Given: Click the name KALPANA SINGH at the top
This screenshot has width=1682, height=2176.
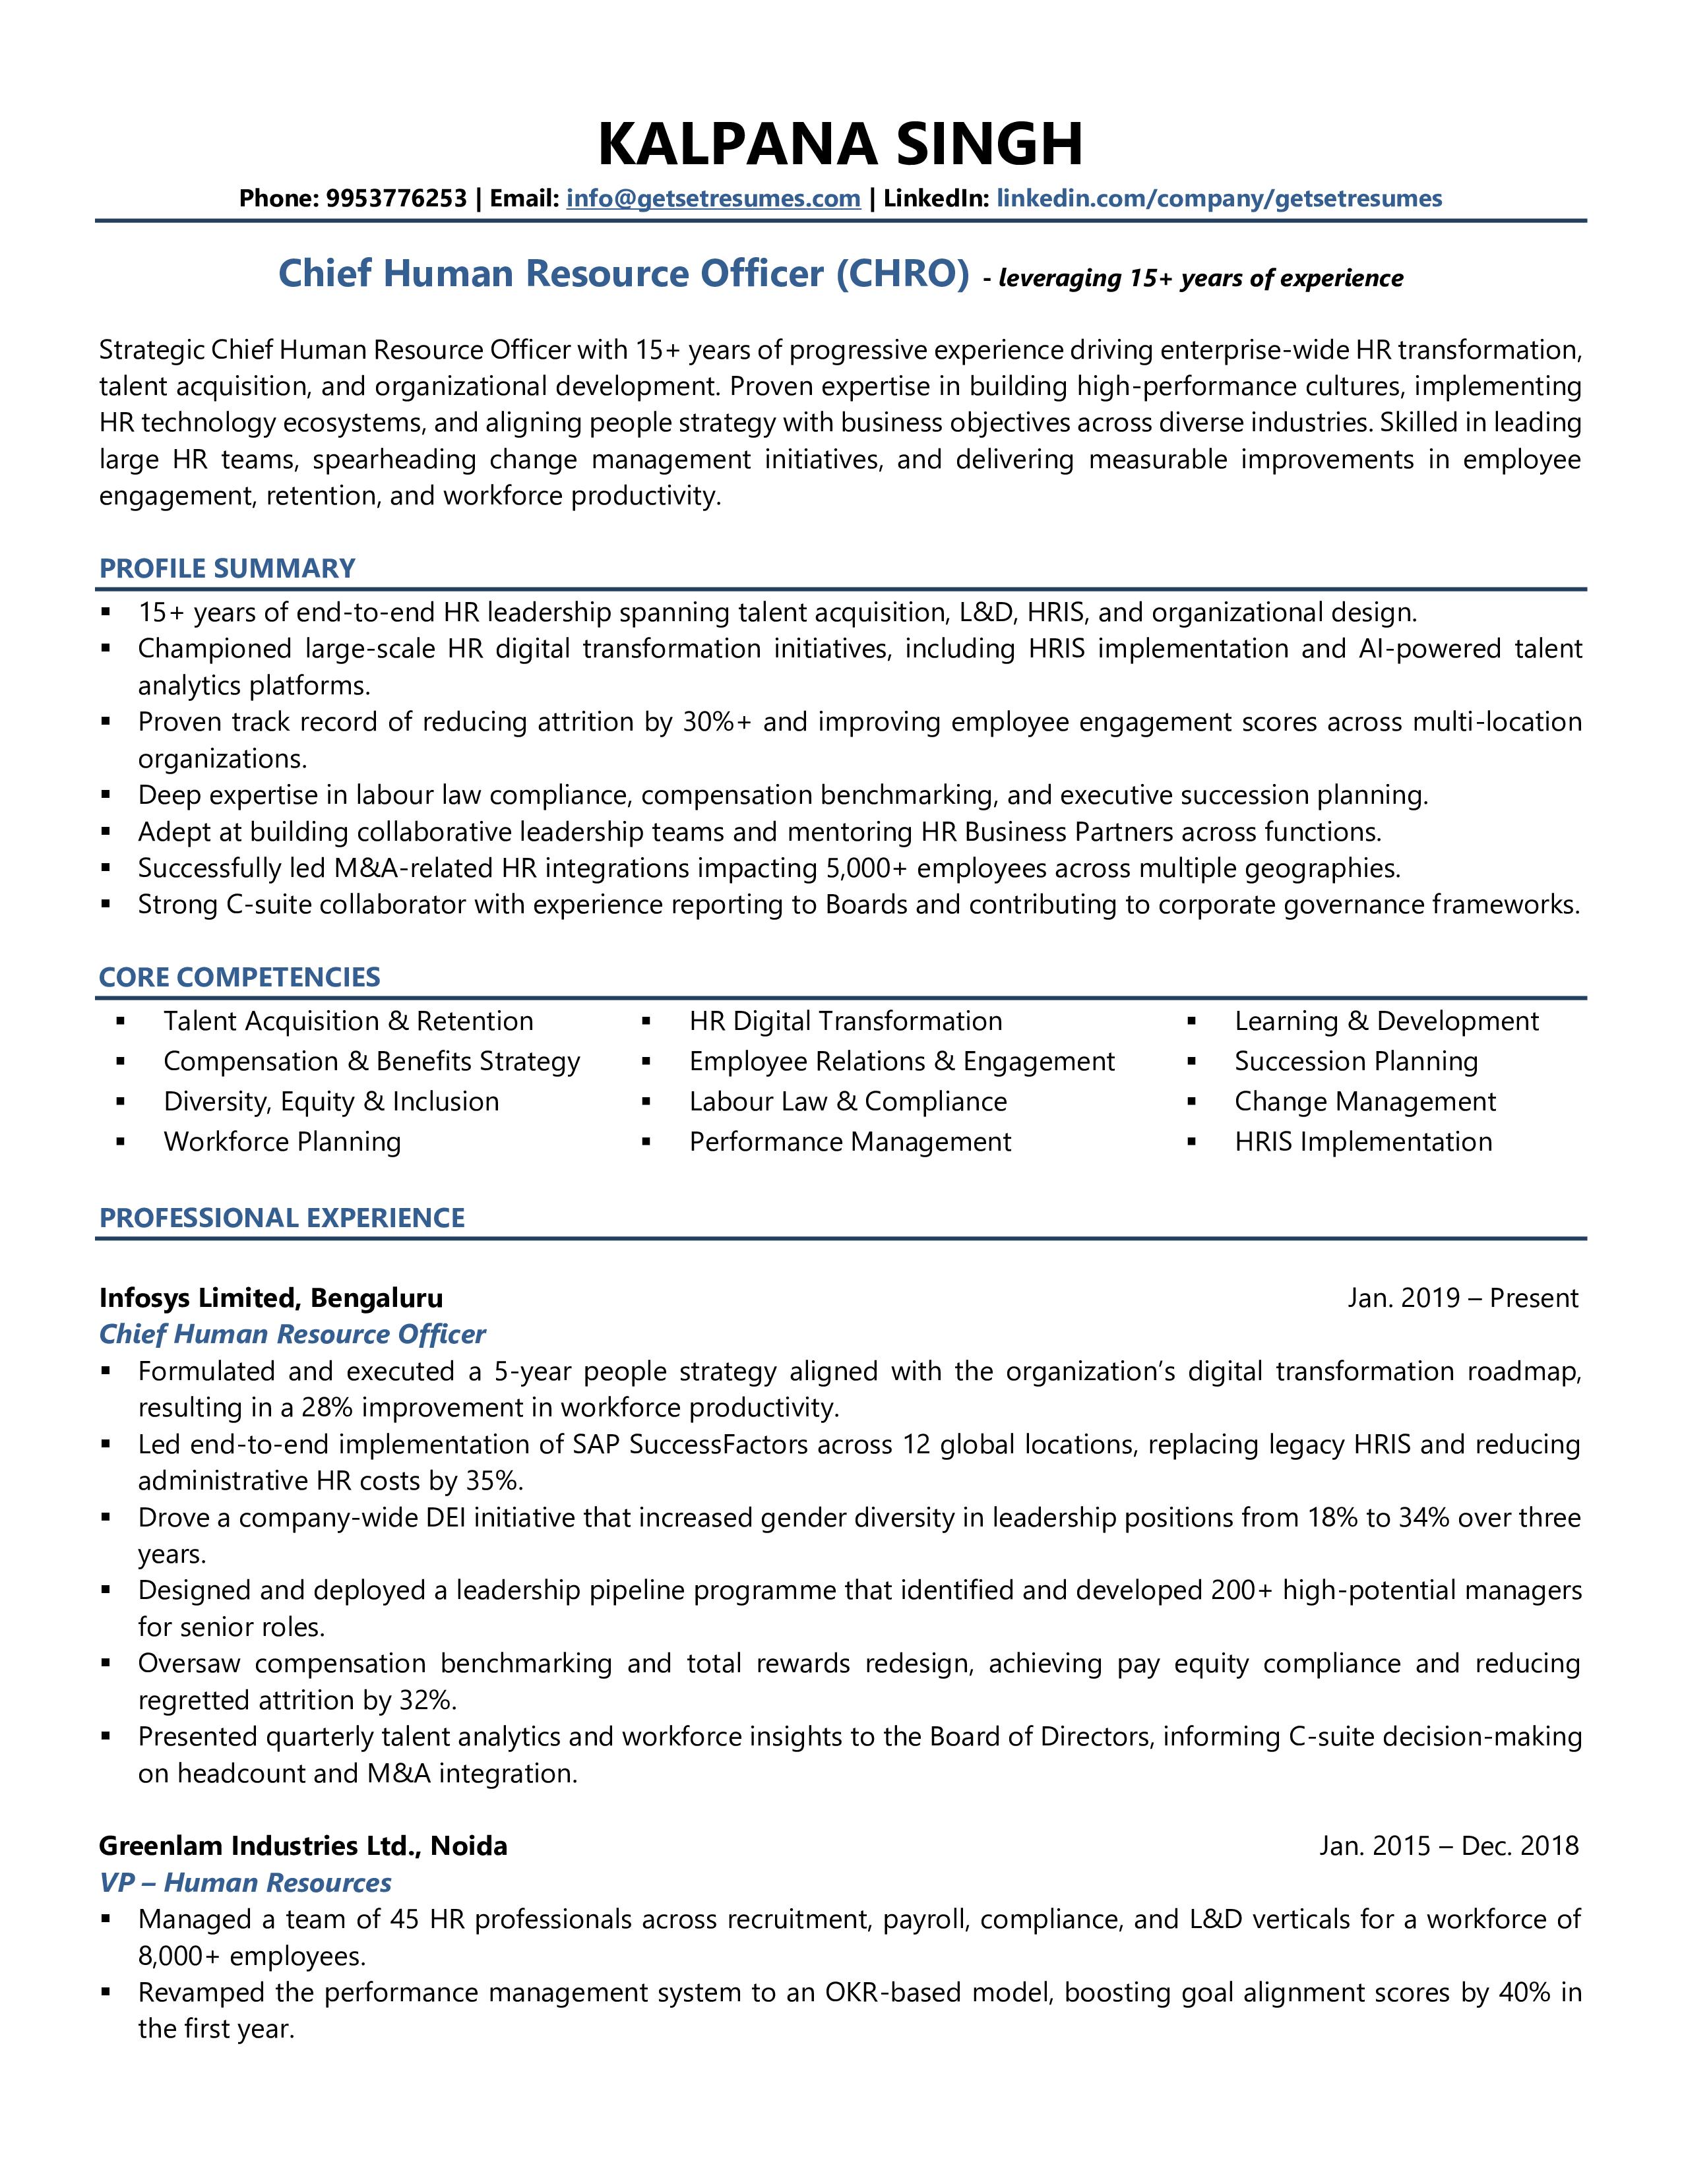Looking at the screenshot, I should [840, 144].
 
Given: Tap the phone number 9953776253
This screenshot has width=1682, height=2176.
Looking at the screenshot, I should [396, 198].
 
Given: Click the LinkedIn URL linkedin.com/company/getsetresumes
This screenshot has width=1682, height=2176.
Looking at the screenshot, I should [1219, 198].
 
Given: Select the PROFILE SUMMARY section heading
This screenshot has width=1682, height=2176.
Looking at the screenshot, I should [227, 569].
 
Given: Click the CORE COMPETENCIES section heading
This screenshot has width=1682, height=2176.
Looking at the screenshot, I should [239, 977].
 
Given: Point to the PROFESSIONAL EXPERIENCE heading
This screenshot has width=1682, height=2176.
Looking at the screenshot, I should [282, 1219].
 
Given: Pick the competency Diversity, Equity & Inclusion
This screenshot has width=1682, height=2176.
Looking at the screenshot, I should [331, 1102].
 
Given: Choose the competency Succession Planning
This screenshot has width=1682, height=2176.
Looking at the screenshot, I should [1355, 1062].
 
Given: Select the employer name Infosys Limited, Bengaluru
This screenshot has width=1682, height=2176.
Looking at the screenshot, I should [271, 1298].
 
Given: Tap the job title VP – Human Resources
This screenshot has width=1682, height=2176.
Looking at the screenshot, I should [245, 1883].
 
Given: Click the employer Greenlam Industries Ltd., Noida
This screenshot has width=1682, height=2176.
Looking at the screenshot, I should [303, 1846].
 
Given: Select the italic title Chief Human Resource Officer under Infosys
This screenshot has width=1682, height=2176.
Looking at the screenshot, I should [292, 1335].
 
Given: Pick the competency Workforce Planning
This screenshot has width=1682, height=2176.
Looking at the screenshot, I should [282, 1142].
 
